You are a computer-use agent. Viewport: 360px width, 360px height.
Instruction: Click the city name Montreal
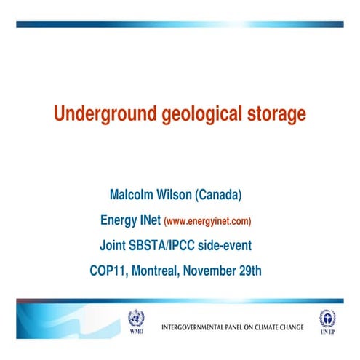156,271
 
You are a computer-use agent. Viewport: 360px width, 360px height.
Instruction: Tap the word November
212,271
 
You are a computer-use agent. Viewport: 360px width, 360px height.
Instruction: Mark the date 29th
250,271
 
